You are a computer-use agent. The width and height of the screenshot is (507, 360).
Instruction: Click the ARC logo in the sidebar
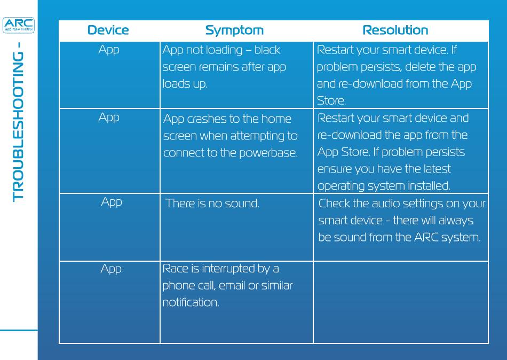point(19,25)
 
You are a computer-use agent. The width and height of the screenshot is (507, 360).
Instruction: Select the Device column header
point(108,30)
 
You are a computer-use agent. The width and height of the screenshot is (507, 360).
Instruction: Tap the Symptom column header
point(234,30)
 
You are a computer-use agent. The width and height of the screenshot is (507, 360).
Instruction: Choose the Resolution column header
point(395,30)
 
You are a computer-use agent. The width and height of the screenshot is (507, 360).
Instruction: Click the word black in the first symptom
point(267,50)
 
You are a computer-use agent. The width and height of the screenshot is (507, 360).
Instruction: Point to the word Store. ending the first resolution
point(331,101)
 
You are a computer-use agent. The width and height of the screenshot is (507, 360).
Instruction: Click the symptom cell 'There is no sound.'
point(212,204)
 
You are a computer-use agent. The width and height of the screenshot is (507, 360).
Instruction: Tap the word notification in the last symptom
point(191,302)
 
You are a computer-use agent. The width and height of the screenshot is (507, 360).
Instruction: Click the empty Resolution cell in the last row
point(401,302)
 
